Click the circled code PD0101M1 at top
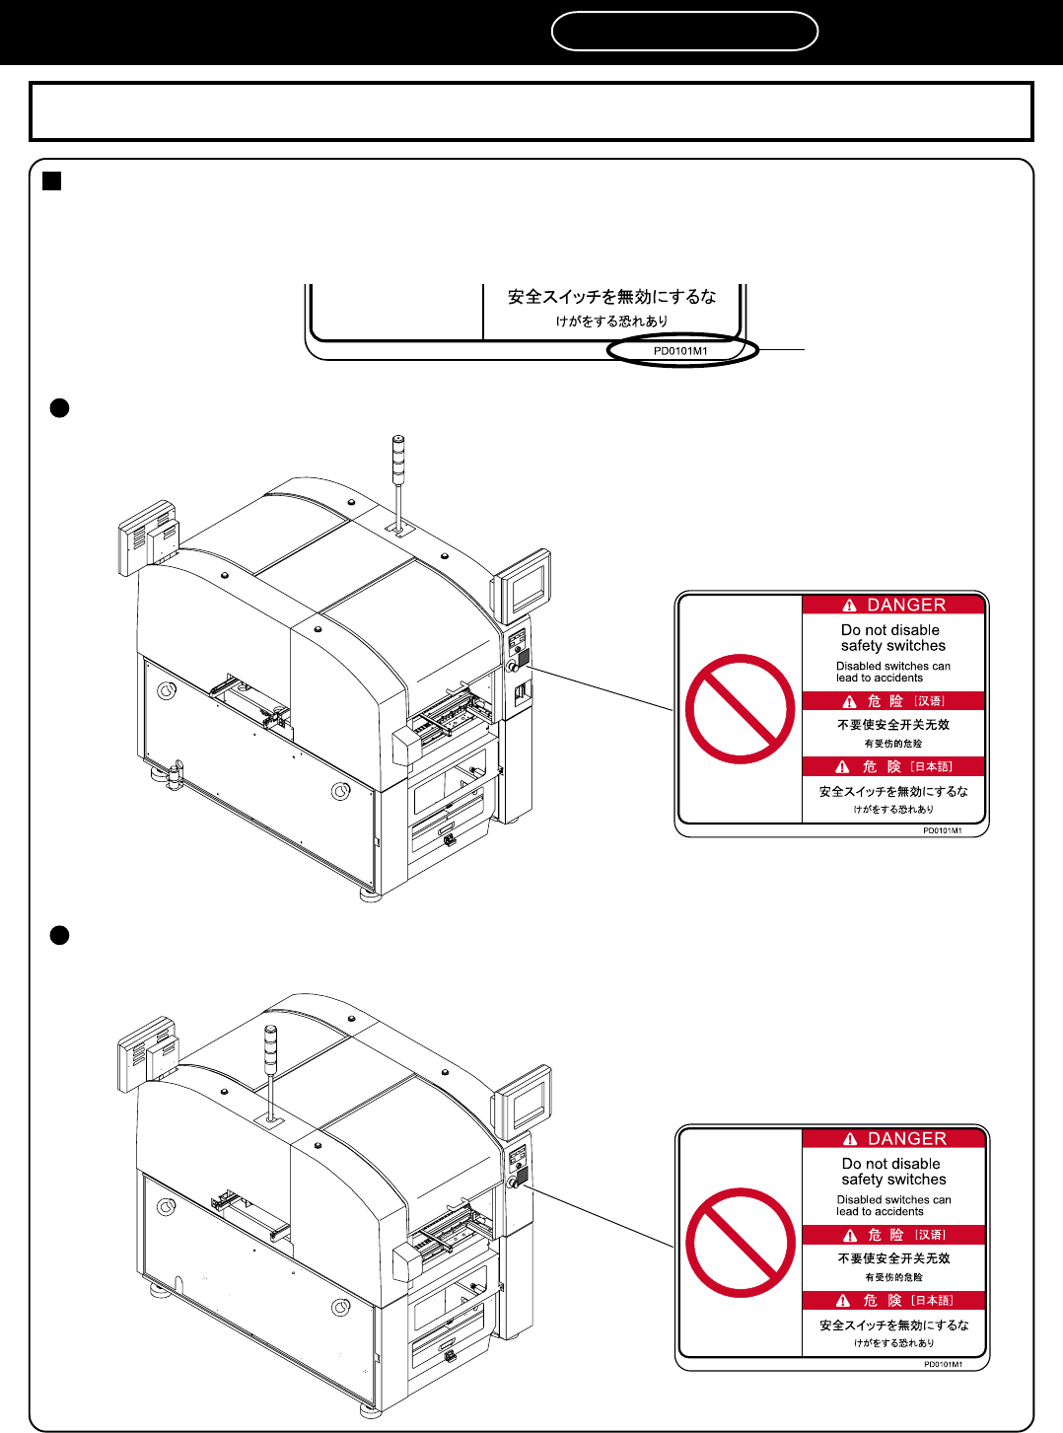680,351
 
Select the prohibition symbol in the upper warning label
740,709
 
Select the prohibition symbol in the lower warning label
741,1243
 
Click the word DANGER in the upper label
905,606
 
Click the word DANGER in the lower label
906,1139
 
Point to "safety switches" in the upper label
892,646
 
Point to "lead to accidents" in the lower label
880,1212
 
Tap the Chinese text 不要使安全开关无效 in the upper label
893,725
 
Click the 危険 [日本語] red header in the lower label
894,1301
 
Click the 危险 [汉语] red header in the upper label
893,701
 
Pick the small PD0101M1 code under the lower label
943,1365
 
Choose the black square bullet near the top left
52,181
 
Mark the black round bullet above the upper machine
59,408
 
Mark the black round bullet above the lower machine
59,936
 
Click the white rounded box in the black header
684,31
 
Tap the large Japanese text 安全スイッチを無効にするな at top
611,297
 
